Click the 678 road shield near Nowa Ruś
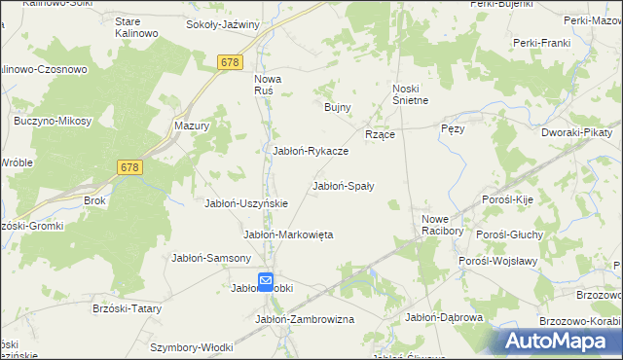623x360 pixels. tap(230, 62)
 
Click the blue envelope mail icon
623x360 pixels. tap(267, 282)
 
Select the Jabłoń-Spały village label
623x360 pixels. tap(344, 185)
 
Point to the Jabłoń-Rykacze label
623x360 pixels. tap(311, 151)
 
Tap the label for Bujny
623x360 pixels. tap(337, 107)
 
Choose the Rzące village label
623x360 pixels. tap(379, 134)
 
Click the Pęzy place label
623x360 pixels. tap(453, 128)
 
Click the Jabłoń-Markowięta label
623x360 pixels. tap(288, 234)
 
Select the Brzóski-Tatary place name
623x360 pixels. tap(127, 307)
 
